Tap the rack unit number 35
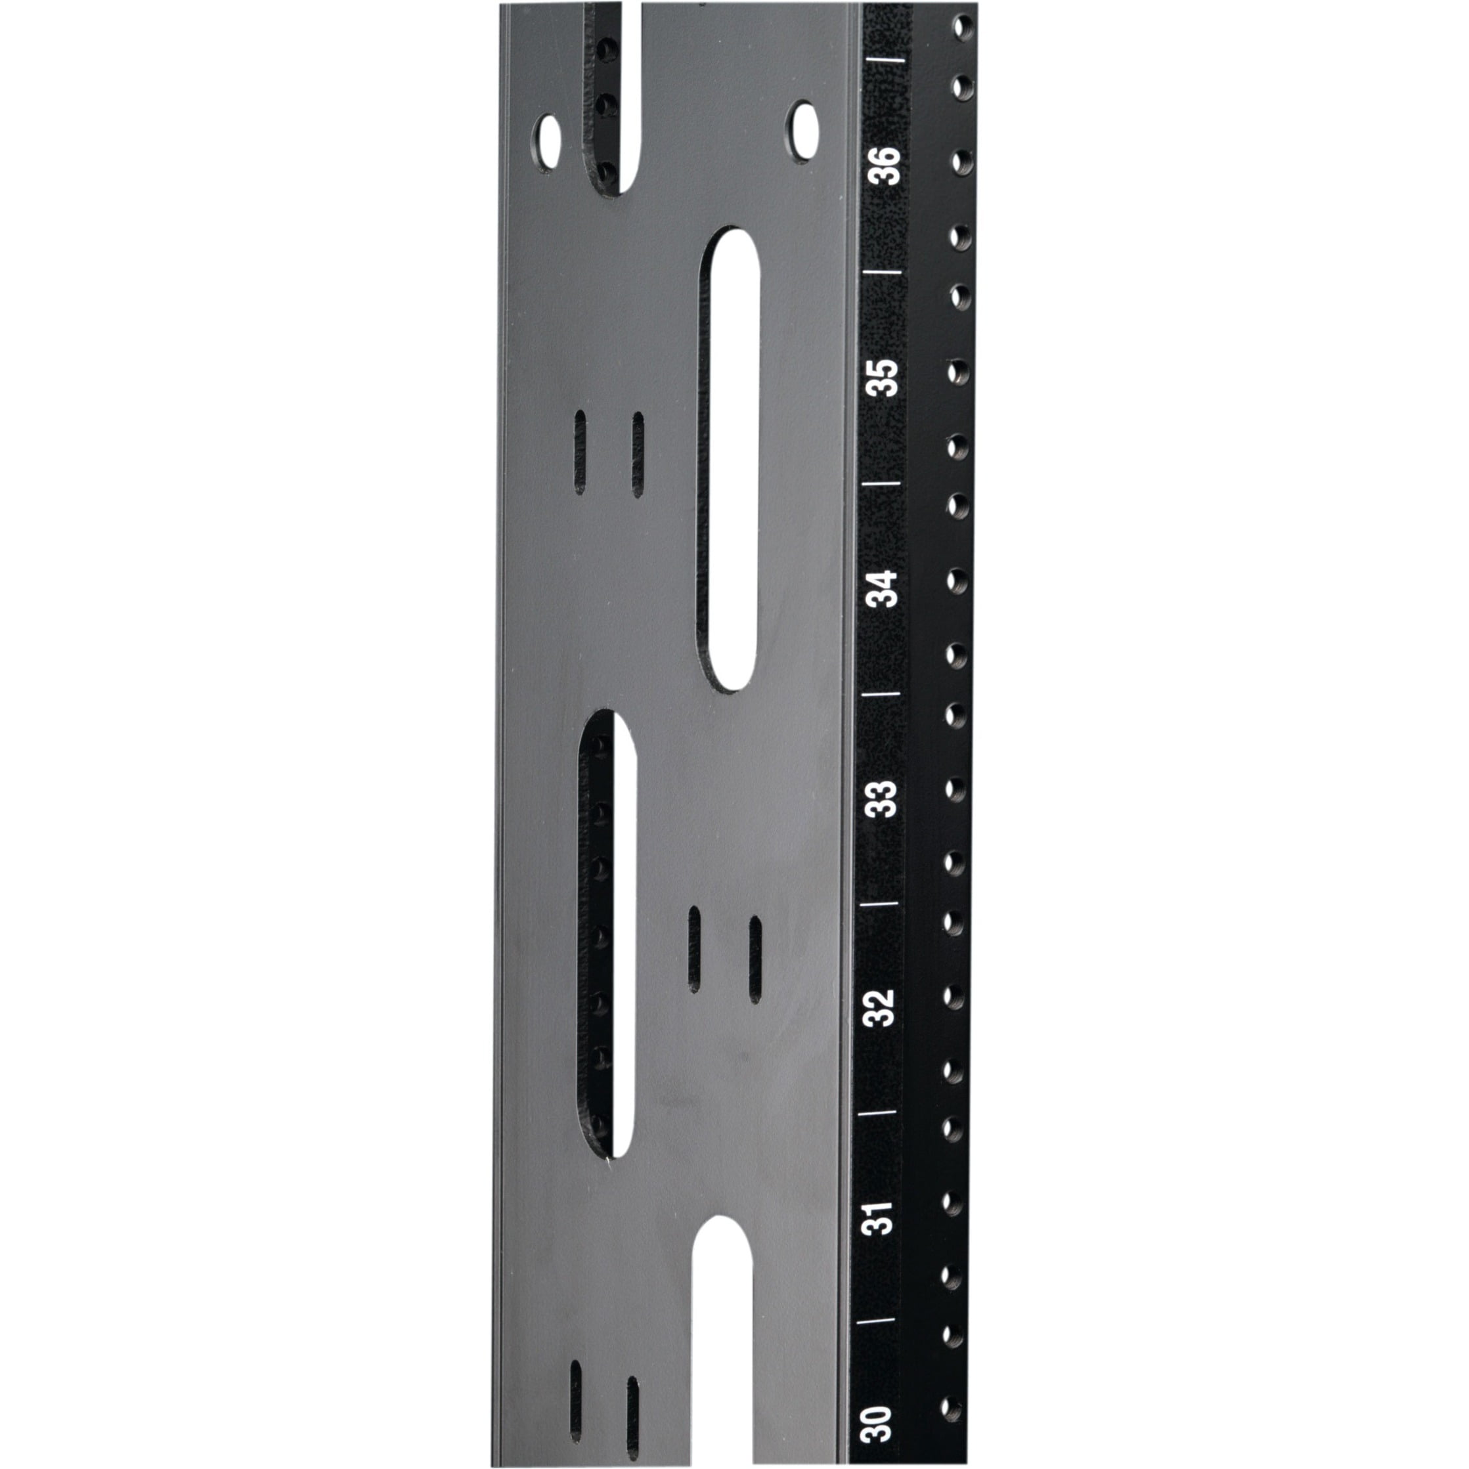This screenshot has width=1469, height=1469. (x=883, y=377)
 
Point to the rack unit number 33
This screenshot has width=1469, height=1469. (x=881, y=799)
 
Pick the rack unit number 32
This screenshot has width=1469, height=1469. (x=880, y=1007)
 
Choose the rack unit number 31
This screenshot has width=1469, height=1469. (x=878, y=1217)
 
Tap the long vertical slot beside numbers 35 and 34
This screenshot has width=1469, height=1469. (x=728, y=460)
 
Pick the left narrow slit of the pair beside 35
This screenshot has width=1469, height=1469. (x=580, y=452)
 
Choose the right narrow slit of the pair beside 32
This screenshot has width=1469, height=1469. (x=755, y=959)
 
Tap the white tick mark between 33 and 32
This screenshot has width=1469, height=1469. (x=880, y=904)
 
